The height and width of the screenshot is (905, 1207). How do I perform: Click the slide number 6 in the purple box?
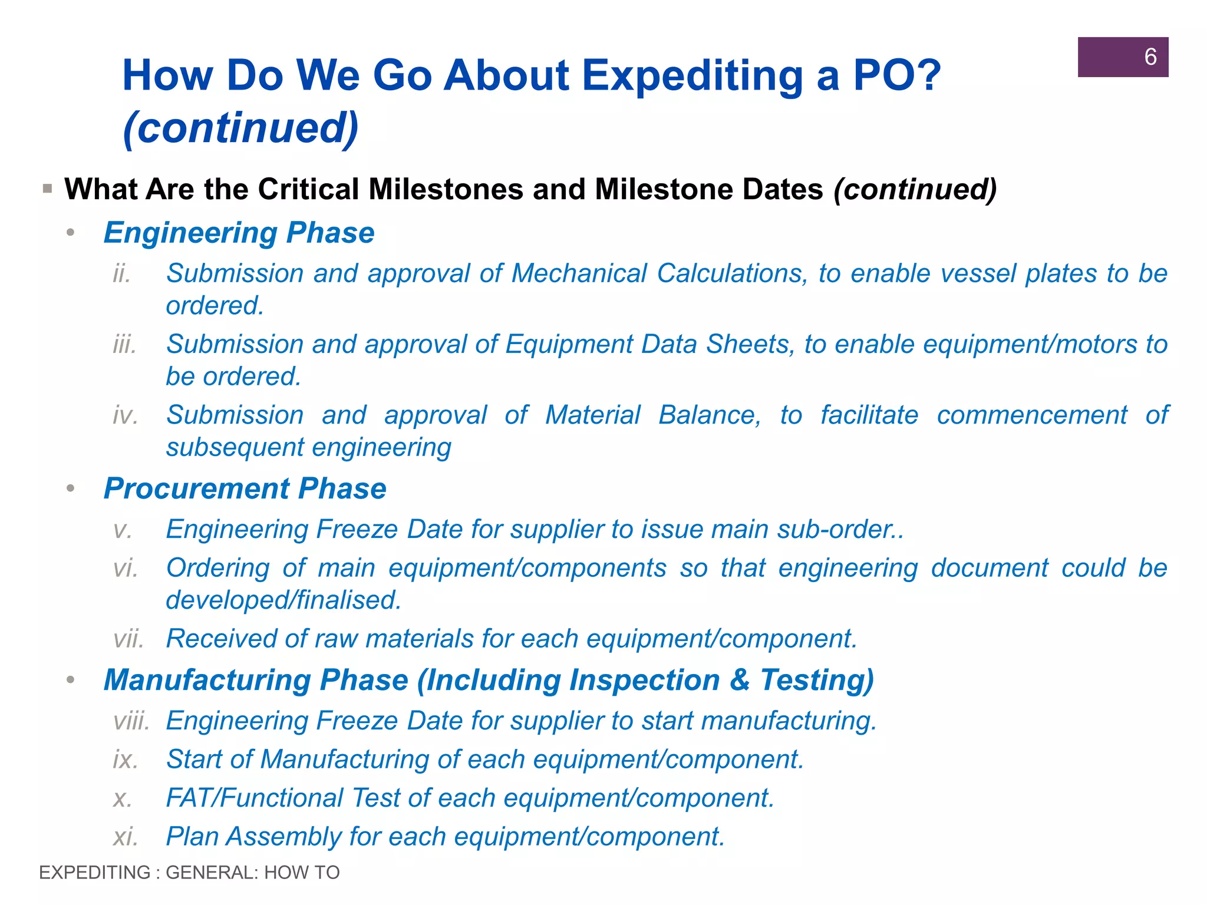click(1150, 57)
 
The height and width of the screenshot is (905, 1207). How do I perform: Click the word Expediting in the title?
click(692, 76)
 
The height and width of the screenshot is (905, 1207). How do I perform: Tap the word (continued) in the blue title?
click(240, 128)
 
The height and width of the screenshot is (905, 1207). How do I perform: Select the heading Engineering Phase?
click(239, 233)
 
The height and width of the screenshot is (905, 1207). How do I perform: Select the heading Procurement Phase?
click(245, 488)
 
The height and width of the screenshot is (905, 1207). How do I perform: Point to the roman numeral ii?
click(121, 274)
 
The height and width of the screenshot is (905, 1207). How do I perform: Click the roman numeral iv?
click(125, 415)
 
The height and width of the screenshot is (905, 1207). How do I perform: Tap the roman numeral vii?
click(128, 639)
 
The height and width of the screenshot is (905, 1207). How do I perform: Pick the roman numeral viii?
click(131, 721)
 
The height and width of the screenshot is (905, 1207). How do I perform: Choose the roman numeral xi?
click(125, 837)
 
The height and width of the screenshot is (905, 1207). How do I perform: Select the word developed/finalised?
click(283, 600)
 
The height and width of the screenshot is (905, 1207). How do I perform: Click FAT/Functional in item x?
click(254, 798)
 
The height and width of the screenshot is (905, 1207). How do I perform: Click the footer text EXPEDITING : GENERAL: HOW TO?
click(189, 873)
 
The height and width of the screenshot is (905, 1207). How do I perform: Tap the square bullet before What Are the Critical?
click(48, 190)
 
